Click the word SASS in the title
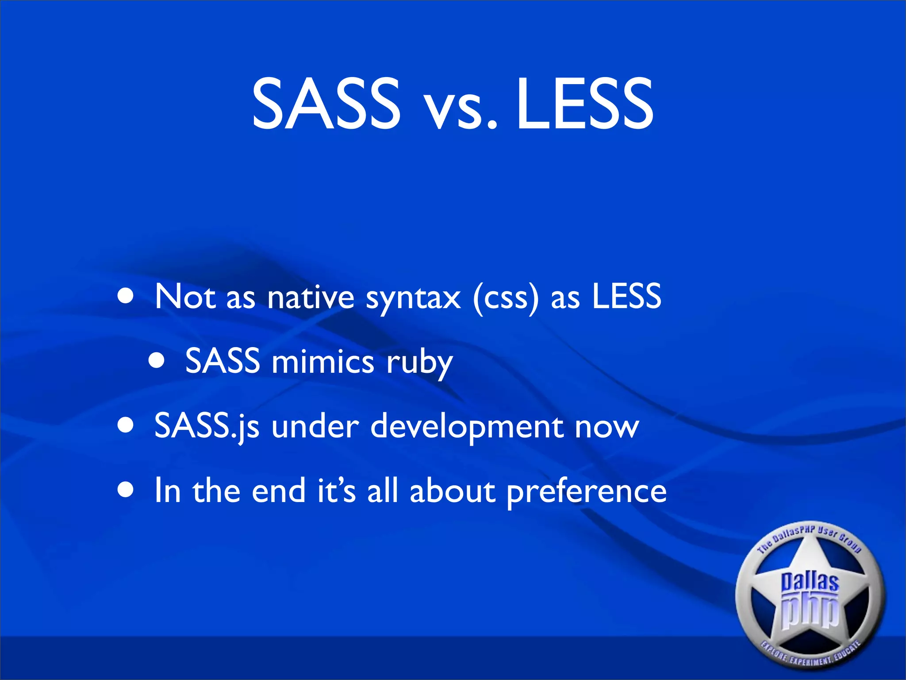(326, 104)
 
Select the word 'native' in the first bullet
(311, 297)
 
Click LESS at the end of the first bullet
(626, 296)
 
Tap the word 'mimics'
(323, 361)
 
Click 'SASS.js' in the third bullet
(207, 426)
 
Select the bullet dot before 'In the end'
(126, 491)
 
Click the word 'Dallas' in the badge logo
(810, 581)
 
